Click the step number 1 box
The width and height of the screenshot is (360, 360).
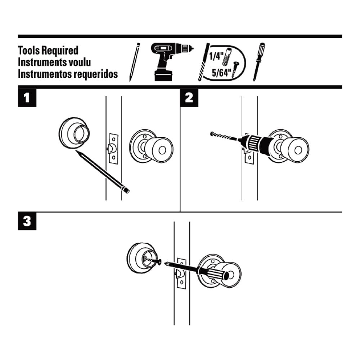[x=27, y=98]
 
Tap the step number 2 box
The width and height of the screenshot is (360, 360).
[x=189, y=98]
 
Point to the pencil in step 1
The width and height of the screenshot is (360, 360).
[x=103, y=171]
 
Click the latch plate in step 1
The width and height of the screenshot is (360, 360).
[x=113, y=148]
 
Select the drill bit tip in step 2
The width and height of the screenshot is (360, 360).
[x=212, y=134]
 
